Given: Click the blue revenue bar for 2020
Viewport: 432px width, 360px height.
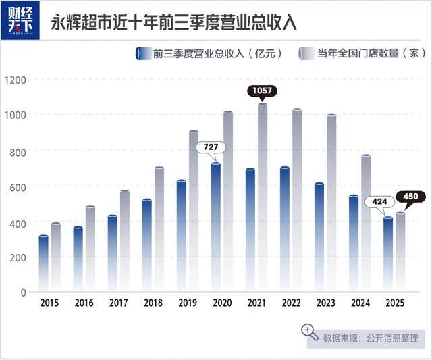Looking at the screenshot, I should tap(216, 226).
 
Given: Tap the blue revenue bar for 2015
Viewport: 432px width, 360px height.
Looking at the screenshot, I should tap(43, 263).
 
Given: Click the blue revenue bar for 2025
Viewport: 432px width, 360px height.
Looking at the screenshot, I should tap(388, 254).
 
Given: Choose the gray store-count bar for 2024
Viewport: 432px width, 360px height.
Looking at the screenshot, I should tap(366, 223).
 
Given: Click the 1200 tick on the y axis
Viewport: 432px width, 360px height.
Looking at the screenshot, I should tap(15, 80).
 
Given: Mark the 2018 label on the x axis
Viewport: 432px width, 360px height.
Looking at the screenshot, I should tap(153, 304).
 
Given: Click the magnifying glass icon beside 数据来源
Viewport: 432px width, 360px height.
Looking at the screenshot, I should tap(310, 332).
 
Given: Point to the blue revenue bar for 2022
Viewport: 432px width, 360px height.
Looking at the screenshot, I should tap(285, 229).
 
